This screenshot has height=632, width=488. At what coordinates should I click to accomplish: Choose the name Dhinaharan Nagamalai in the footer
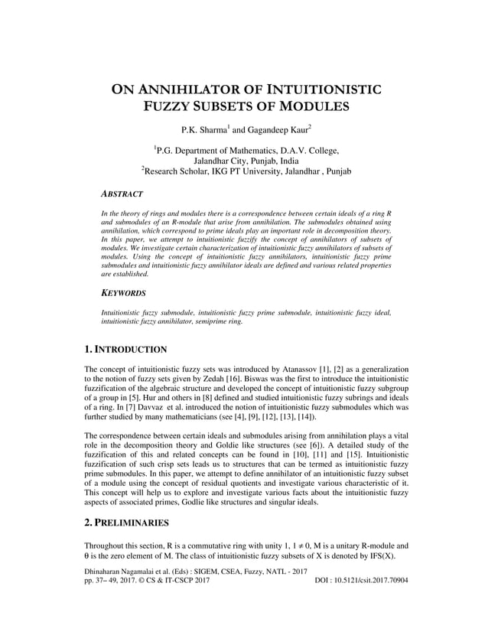point(119,571)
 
